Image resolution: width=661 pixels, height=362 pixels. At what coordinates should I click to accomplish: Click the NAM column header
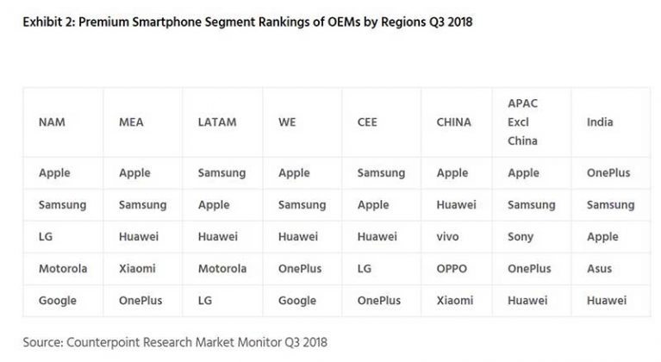52,122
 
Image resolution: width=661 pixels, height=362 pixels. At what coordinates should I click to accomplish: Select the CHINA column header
454,122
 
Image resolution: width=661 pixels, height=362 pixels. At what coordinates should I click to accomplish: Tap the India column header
600,122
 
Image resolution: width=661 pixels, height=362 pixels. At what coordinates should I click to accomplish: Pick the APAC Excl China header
523,122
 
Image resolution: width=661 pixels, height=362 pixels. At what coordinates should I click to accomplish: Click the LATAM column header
215,122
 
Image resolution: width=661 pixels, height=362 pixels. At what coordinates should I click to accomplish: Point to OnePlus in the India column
608,173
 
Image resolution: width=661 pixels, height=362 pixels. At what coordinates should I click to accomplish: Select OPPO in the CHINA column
452,269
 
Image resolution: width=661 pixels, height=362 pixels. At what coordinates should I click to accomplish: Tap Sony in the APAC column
521,237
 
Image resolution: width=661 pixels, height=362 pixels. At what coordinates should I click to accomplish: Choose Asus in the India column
599,269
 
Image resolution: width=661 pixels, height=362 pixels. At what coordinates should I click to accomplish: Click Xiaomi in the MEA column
137,269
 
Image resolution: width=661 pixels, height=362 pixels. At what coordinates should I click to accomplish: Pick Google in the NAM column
58,301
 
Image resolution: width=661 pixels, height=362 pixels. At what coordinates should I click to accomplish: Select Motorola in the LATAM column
222,269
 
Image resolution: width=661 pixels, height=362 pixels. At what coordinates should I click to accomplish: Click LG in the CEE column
365,269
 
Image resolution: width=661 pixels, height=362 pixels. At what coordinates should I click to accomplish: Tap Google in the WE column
297,301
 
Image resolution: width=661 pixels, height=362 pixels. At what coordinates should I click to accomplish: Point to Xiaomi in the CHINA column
455,301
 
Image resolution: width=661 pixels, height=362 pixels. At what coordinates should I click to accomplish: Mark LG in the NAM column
47,237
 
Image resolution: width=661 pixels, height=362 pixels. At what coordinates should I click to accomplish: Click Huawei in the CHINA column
457,205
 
